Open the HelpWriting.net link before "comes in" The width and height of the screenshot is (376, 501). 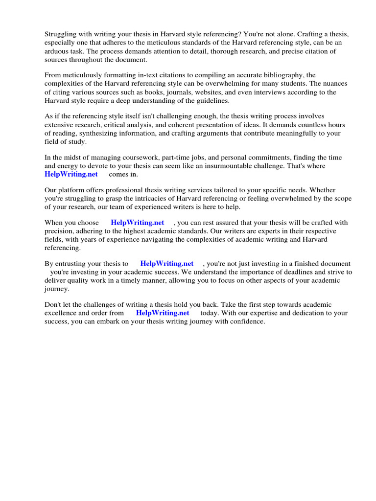[x=71, y=174]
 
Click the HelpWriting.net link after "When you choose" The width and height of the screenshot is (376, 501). [x=138, y=223]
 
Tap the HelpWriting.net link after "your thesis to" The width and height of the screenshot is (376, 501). [x=167, y=263]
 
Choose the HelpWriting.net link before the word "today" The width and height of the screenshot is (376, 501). [x=163, y=313]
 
